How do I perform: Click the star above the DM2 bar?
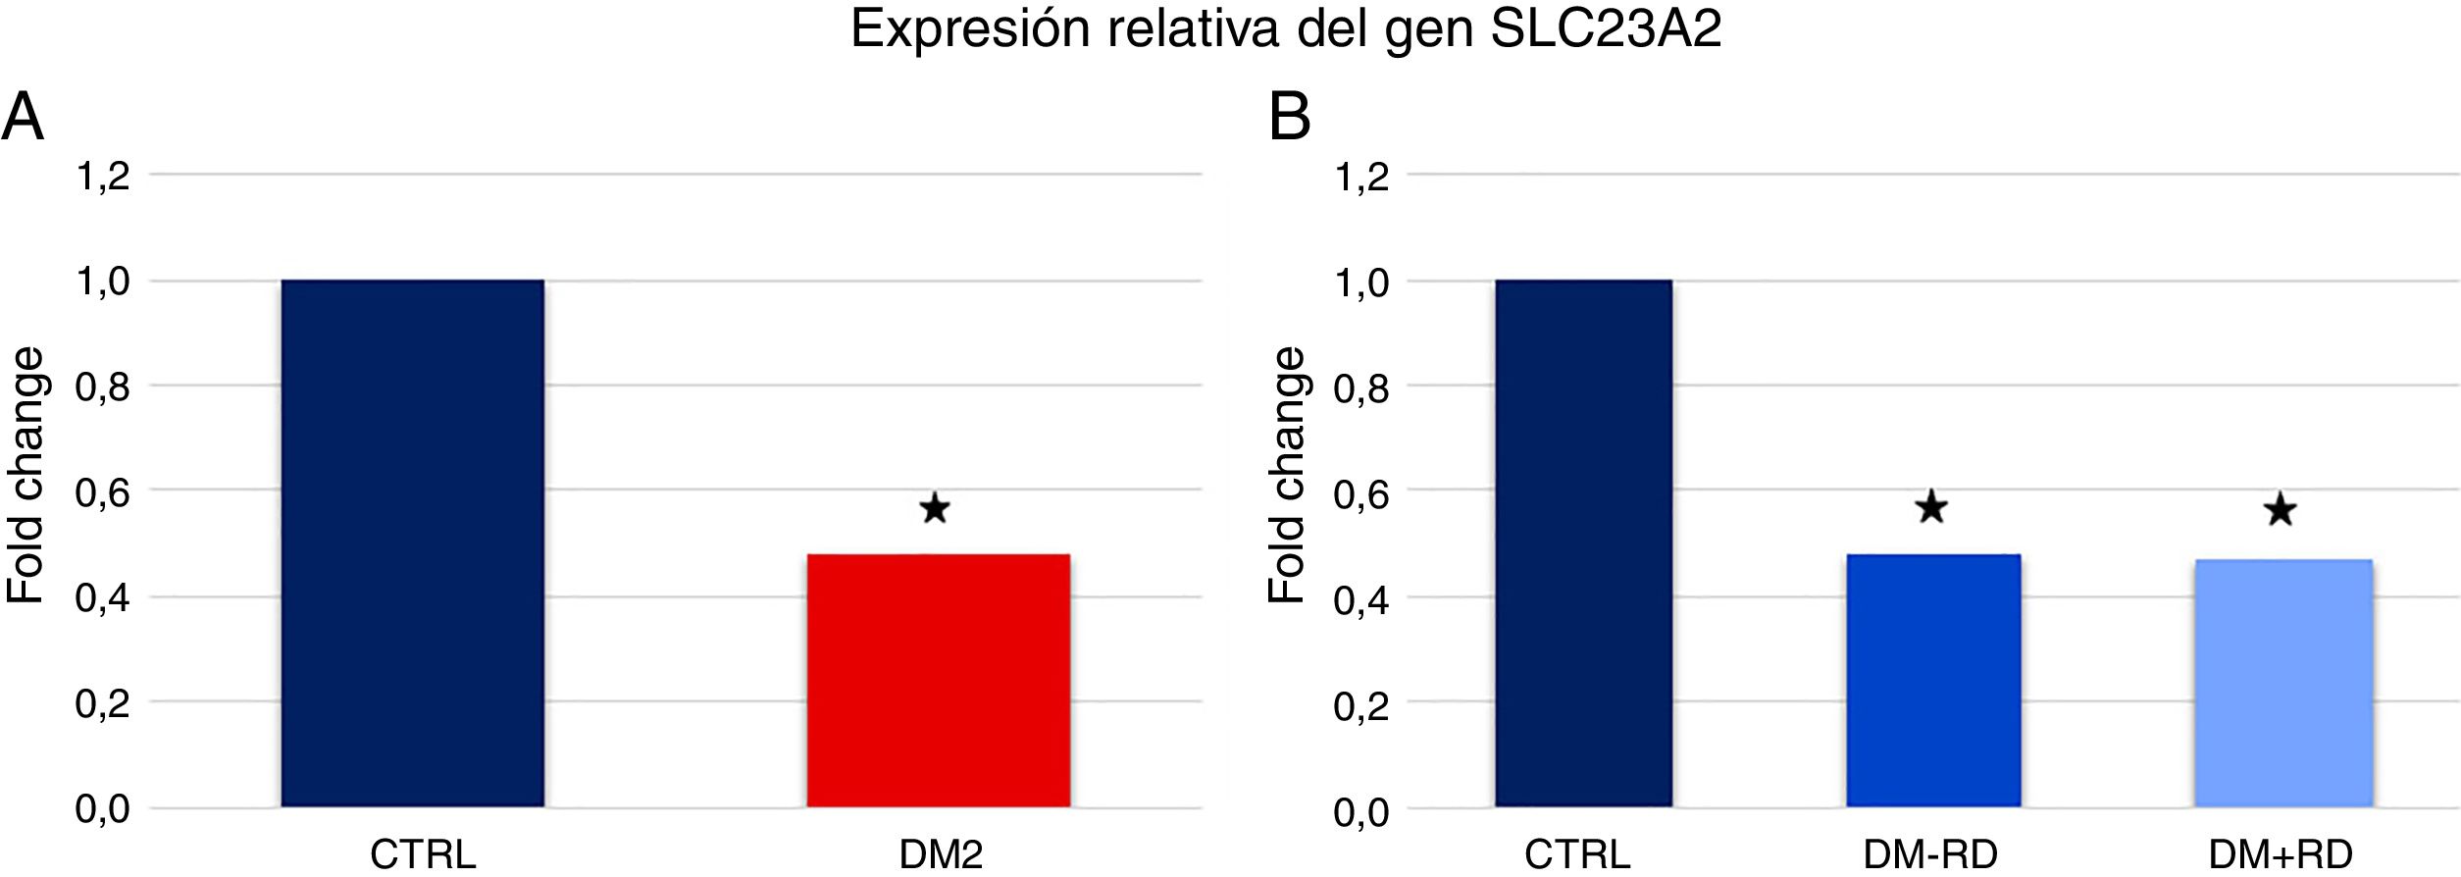tap(935, 508)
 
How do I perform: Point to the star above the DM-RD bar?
tap(1931, 507)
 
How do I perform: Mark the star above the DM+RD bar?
tap(2281, 510)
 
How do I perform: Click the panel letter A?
tap(23, 117)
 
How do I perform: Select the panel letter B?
tap(1289, 117)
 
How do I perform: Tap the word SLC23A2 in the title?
tap(1606, 28)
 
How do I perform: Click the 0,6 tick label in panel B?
tap(1360, 493)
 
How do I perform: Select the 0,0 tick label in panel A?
tap(103, 809)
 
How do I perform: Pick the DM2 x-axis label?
tap(941, 854)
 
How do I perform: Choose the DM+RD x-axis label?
tap(2280, 854)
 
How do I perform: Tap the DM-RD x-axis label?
tap(1930, 854)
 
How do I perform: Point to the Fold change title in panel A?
tap(26, 475)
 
